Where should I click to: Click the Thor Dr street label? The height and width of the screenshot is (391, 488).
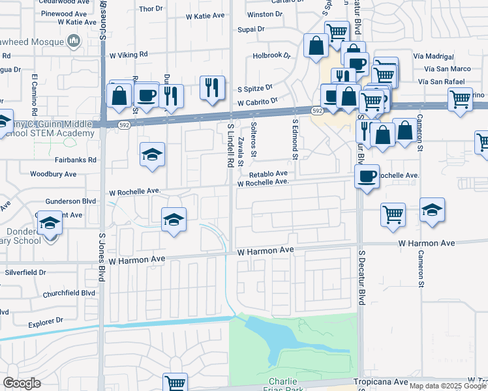coord(150,8)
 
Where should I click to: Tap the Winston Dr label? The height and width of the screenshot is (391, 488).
coord(264,14)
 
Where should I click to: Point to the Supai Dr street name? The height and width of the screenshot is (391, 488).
coord(251,29)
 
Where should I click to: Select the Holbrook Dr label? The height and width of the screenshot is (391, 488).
coord(271,55)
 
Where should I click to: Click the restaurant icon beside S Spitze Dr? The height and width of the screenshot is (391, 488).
coord(212,87)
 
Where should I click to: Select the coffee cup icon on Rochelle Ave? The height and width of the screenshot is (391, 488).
coord(367,176)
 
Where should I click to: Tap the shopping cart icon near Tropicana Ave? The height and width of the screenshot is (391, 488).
coord(174,382)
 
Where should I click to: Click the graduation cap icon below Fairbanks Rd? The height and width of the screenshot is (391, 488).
coord(152,155)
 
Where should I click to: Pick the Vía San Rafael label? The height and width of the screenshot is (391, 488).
coord(444,81)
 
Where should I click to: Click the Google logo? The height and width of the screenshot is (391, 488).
coord(22,383)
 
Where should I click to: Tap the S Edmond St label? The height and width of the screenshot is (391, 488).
coord(295,138)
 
